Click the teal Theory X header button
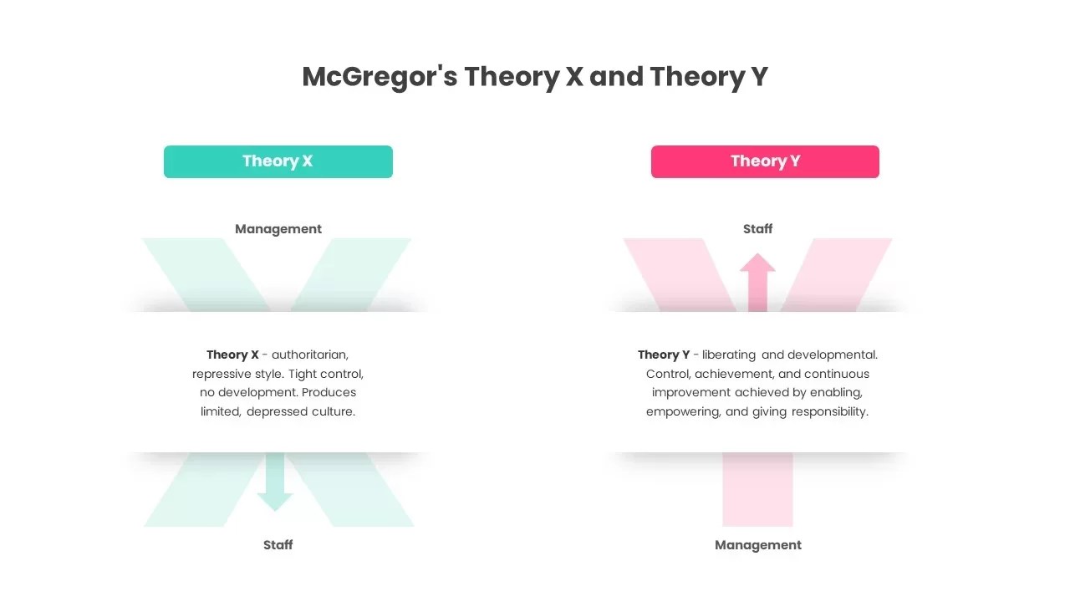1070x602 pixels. coord(278,161)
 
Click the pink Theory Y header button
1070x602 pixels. coord(765,161)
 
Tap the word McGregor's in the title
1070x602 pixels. coord(380,77)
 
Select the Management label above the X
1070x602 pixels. coord(278,229)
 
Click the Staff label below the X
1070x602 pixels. coord(278,545)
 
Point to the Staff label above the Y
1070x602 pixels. coord(758,229)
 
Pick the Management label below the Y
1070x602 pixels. coord(758,545)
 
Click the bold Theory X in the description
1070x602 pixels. coord(232,355)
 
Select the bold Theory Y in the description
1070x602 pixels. coord(664,355)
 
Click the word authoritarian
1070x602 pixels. coord(309,355)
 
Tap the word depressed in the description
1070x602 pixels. coord(278,411)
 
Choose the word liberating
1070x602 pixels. coord(729,355)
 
